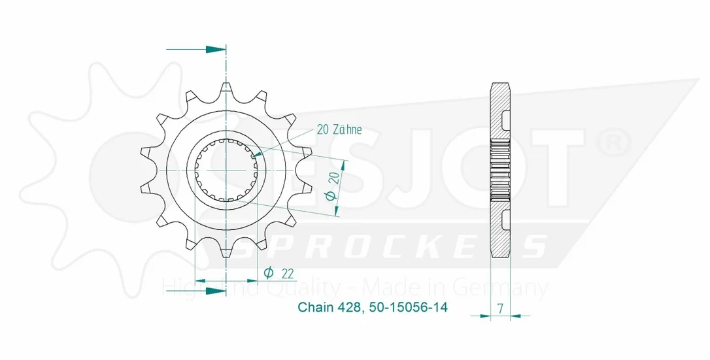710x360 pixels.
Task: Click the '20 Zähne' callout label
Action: point(339,130)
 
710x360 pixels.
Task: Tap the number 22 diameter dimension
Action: point(287,274)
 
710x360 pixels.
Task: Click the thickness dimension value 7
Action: point(500,309)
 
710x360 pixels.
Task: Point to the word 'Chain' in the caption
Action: point(316,307)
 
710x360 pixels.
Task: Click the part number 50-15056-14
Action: point(409,307)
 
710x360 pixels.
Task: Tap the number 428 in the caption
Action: point(349,307)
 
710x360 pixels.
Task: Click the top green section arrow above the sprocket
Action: point(196,49)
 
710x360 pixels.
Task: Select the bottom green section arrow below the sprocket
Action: point(196,290)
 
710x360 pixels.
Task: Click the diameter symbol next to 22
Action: point(268,272)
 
